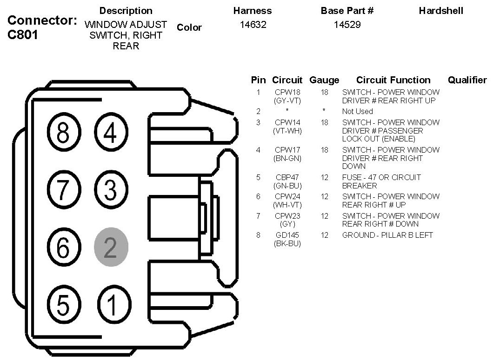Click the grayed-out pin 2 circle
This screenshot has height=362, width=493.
(x=111, y=247)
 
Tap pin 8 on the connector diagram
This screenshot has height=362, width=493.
(x=63, y=134)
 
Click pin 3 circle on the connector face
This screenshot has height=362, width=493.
(x=111, y=190)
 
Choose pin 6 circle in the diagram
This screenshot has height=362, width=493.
(x=63, y=247)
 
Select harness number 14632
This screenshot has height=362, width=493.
(x=253, y=25)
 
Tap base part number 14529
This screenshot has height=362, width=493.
(x=347, y=25)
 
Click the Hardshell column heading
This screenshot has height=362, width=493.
(x=441, y=10)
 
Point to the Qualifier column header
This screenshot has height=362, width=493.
(x=467, y=80)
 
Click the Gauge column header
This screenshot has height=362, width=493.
(x=324, y=80)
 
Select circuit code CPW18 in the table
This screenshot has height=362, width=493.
(x=287, y=92)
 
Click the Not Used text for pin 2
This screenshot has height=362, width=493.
(x=358, y=111)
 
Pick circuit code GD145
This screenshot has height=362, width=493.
(x=287, y=235)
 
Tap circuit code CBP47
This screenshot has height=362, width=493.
(x=287, y=177)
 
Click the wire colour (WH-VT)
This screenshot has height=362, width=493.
(x=287, y=205)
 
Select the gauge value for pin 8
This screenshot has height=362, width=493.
(x=324, y=235)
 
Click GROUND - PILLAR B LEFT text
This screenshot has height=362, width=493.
(x=387, y=235)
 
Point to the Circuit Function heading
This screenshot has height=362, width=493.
(x=393, y=80)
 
